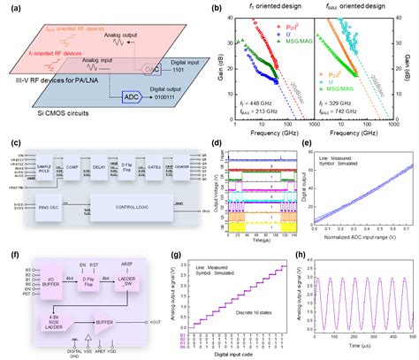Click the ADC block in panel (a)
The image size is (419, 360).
point(128,96)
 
